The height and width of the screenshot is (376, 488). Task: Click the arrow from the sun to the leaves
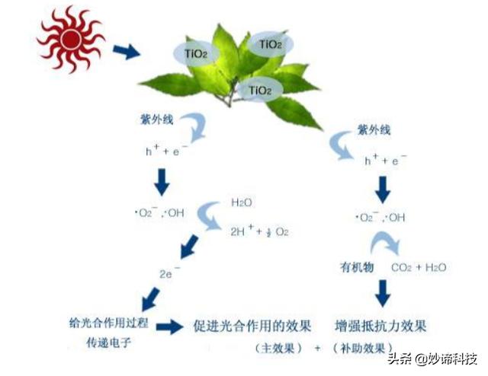127,52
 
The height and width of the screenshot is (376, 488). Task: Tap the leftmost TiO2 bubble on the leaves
196,53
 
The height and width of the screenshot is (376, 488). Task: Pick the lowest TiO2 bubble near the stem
259,91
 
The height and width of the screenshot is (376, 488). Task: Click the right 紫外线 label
373,131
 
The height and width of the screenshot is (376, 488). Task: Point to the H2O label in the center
242,204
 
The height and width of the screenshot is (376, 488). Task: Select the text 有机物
357,267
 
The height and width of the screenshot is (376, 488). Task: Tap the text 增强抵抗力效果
380,326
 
